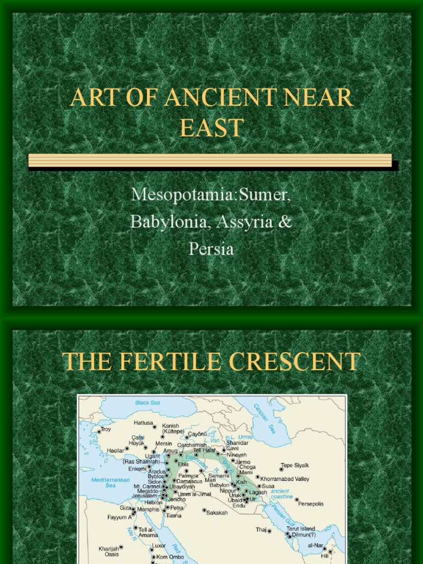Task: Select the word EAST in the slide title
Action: coord(211,128)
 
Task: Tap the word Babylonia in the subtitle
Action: coord(171,222)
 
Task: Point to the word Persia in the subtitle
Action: coord(211,249)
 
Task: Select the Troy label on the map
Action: coord(105,429)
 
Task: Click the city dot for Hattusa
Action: coord(154,426)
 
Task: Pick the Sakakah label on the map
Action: coord(217,513)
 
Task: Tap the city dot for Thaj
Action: coord(269,531)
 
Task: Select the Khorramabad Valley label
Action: coord(285,479)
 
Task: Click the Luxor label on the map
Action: coord(159,545)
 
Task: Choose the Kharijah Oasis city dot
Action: coord(121,547)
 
